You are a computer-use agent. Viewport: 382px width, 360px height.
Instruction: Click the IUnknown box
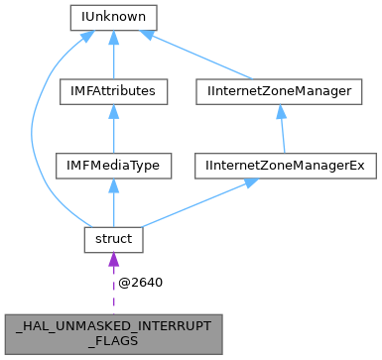pyautogui.click(x=114, y=17)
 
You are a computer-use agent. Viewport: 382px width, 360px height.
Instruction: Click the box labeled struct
pyautogui.click(x=114, y=240)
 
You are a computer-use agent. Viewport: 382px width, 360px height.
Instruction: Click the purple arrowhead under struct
pyautogui.click(x=114, y=260)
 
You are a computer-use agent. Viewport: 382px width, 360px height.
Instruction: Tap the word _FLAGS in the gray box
pyautogui.click(x=114, y=339)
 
